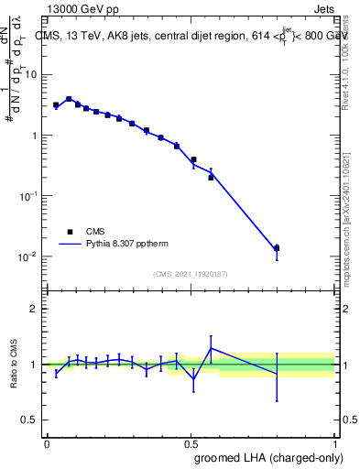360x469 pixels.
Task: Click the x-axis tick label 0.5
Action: click(x=191, y=442)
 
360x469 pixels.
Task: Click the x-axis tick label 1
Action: click(x=335, y=442)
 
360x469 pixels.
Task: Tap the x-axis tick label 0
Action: click(x=47, y=442)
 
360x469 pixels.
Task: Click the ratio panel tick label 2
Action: click(x=34, y=309)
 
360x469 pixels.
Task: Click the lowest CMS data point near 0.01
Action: click(x=277, y=248)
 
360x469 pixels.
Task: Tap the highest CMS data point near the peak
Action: click(x=69, y=99)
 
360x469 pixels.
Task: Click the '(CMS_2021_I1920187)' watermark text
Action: click(x=191, y=274)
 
